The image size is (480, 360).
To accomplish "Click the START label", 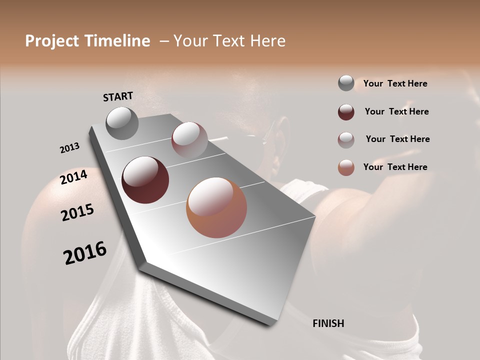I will pos(118,96).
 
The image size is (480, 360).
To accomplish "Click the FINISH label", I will pos(328,323).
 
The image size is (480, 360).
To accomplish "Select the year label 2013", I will pos(69,148).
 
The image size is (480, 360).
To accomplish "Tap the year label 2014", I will pos(74,177).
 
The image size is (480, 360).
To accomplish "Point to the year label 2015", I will pos(77,212).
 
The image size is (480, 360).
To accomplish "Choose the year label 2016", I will pos(85,253).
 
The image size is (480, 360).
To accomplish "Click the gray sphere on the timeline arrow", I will pos(122,123).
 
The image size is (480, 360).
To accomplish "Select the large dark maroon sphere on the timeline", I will pos(145,180).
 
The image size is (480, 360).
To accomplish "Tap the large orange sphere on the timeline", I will pos(216,207).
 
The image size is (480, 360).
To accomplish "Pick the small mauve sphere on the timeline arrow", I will pos(189,139).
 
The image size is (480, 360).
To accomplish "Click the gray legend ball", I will pos(346,83).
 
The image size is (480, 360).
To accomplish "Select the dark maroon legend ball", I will pos(346,112).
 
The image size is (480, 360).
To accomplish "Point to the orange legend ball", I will pos(346,167).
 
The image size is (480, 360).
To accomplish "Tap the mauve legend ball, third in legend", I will pos(346,140).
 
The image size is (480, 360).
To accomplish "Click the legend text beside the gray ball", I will pos(395,84).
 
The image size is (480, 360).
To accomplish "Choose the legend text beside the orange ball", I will pos(395,167).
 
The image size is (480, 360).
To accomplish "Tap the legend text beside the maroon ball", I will pos(396,111).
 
